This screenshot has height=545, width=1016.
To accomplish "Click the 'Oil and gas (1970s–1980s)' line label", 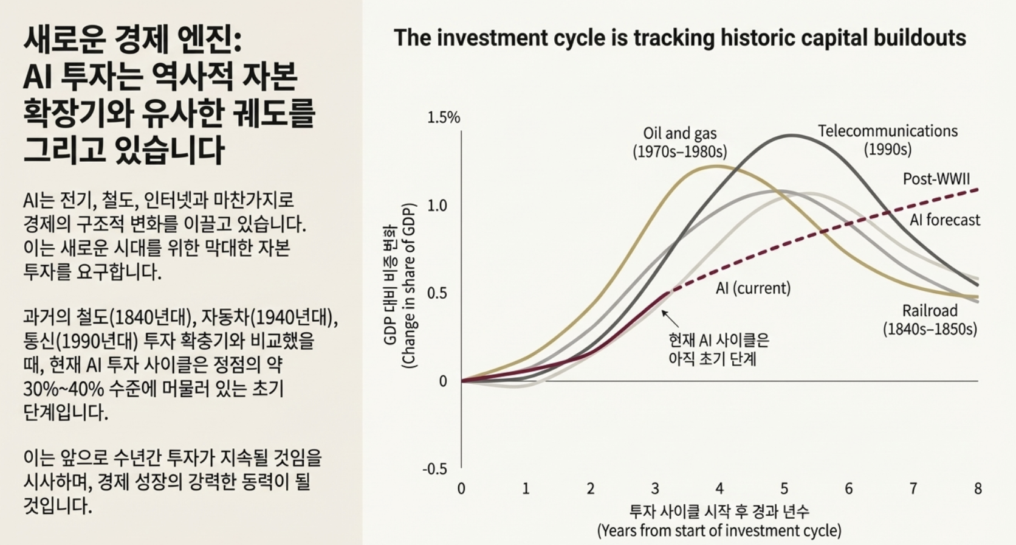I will (x=679, y=142).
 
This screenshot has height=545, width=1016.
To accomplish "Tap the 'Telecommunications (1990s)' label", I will (x=887, y=140).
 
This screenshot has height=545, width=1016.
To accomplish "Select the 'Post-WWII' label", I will (x=936, y=179).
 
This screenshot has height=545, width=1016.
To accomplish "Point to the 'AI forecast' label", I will (x=944, y=220).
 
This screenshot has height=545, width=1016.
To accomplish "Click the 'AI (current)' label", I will (x=753, y=288).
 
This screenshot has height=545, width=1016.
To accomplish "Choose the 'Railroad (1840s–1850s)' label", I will (x=930, y=320).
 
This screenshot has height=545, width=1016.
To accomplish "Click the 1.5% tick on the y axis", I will (x=444, y=117).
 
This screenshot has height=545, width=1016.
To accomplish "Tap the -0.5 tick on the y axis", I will (x=434, y=469).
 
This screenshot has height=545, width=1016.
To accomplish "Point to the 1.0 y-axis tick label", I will (x=437, y=206).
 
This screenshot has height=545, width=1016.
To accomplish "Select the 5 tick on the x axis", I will (x=784, y=488).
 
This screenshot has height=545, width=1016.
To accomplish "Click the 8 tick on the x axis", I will (x=978, y=488).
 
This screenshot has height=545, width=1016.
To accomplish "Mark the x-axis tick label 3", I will (x=654, y=488).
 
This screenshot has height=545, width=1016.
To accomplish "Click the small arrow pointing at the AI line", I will (x=670, y=318).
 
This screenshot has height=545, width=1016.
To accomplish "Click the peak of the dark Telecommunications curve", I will (x=791, y=135).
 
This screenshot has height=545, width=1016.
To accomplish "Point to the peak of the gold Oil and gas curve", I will (x=717, y=165).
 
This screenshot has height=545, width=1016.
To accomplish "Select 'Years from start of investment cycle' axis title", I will (x=719, y=530).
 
